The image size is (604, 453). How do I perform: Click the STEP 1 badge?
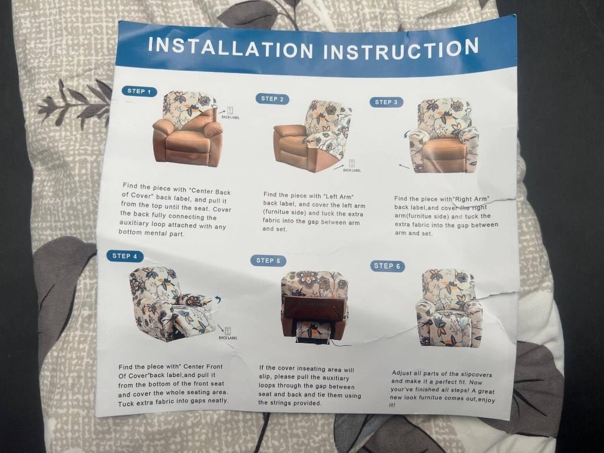point(140,91)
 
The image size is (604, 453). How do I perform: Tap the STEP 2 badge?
point(272,98)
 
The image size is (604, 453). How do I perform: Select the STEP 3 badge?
point(387,102)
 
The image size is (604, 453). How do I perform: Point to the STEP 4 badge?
point(125,256)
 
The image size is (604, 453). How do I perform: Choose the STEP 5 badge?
point(268,260)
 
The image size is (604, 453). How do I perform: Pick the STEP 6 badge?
point(387,266)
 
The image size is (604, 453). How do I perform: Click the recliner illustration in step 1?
point(188,128)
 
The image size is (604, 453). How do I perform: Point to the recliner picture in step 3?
point(444,135)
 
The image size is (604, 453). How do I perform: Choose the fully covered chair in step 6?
point(449,308)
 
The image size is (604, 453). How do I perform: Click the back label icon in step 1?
point(230,110)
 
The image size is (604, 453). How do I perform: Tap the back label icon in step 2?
point(352,163)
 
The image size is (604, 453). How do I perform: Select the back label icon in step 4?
point(228,331)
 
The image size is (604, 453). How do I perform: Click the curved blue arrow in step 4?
point(218,299)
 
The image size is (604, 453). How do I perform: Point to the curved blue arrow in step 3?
point(406,134)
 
